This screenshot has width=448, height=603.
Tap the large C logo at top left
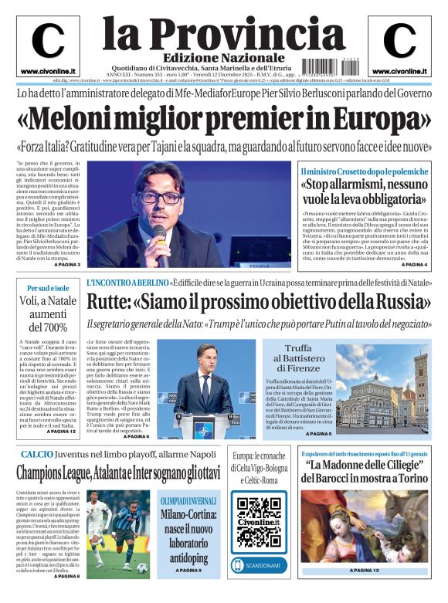tap(47, 41)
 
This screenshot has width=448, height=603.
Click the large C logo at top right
tap(399, 41)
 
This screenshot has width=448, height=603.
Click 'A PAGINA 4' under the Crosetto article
tap(409, 265)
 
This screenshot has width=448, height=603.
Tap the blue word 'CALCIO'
tap(37, 455)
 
